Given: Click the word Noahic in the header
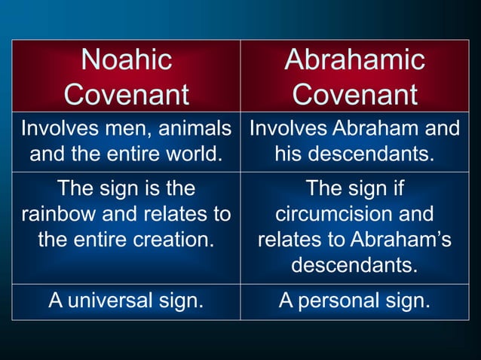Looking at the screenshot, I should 126,59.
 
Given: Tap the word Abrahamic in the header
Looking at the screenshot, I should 354,59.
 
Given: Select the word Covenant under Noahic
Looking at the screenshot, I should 126,95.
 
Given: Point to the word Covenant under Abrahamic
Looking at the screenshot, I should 354,95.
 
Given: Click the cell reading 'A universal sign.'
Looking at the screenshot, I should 126,301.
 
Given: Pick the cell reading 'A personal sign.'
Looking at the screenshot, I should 354,301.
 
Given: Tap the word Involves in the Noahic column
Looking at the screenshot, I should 54,129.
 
